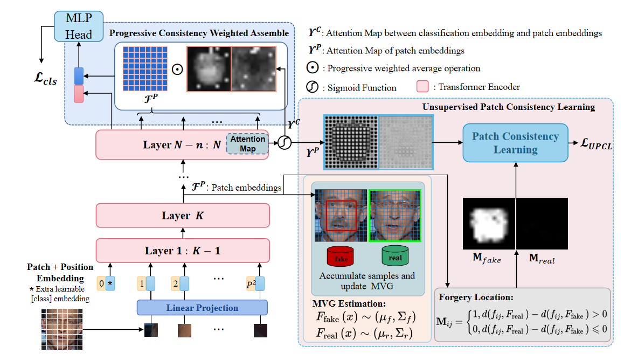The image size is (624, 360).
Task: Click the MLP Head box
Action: pyautogui.click(x=79, y=25)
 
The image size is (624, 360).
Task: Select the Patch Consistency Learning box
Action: pyautogui.click(x=515, y=142)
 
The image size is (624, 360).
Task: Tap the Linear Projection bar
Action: pyautogui.click(x=202, y=308)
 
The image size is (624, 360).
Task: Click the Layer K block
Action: pyautogui.click(x=183, y=216)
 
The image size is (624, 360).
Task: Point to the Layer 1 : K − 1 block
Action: pyautogui.click(x=183, y=251)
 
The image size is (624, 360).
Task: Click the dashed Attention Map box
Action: pyautogui.click(x=247, y=143)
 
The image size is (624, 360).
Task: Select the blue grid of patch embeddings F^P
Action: pyautogui.click(x=143, y=67)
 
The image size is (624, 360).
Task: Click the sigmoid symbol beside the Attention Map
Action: pyautogui.click(x=283, y=143)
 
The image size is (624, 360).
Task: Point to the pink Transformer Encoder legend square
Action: pyautogui.click(x=424, y=87)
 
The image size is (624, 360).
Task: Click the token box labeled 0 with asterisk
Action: pyautogui.click(x=106, y=283)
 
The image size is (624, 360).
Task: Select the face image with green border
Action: pyautogui.click(x=395, y=215)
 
